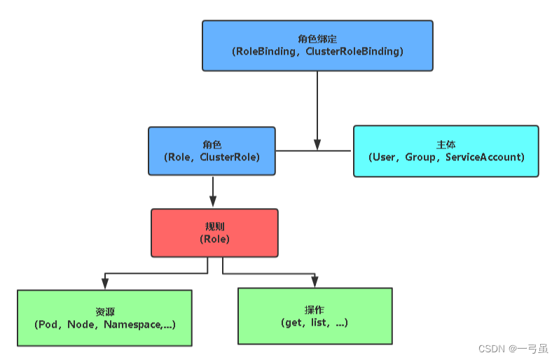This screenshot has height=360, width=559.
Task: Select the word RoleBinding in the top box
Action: pos(265,52)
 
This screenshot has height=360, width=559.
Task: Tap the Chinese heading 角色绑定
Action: pos(317,39)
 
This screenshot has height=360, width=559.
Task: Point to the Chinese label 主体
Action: pos(446,144)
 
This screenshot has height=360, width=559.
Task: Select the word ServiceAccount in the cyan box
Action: pos(483,157)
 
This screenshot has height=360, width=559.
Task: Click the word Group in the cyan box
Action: pos(420,158)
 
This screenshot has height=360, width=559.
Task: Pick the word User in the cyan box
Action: pos(384,157)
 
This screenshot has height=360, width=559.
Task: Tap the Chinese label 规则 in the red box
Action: pos(214,226)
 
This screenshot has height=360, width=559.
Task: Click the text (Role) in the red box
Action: pos(214,239)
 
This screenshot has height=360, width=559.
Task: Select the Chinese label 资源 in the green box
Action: pos(105,312)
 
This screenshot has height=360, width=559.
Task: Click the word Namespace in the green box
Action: pos(132,325)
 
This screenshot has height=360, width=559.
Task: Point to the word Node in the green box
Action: pos(81,324)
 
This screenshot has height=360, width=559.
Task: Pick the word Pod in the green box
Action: pos(48,324)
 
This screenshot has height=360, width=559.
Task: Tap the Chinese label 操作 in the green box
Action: pos(314,310)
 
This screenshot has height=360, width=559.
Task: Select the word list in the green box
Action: pos(318,322)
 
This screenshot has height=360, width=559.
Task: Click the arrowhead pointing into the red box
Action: pos(213,202)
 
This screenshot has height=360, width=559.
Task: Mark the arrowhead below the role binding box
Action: pos(317,144)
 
